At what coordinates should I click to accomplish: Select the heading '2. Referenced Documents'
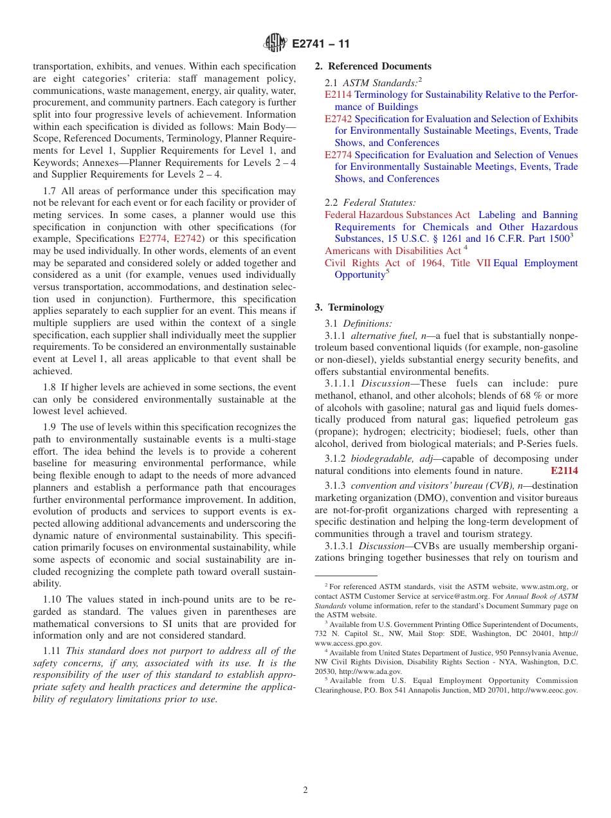click(x=373, y=66)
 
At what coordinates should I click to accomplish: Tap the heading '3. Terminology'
click(x=349, y=307)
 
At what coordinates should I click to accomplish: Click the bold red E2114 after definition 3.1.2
click(x=564, y=471)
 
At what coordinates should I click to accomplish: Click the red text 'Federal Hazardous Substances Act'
click(x=397, y=215)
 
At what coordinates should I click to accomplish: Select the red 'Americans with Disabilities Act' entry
click(x=392, y=251)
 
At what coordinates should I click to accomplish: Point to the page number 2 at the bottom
click(x=305, y=790)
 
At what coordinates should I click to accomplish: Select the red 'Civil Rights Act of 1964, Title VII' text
click(x=408, y=263)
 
